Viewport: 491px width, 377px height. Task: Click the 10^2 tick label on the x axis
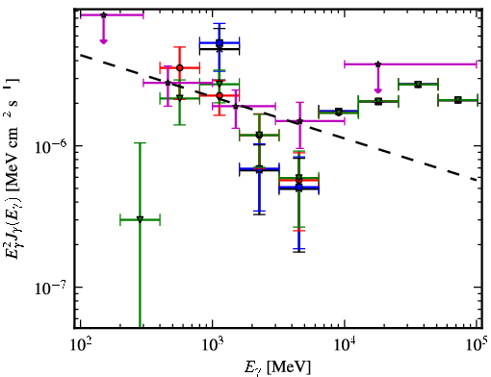(x=80, y=345)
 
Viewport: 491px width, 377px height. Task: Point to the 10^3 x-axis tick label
(x=213, y=345)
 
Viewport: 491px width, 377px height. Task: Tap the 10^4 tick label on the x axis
(x=345, y=345)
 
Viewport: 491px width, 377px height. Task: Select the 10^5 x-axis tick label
(x=477, y=345)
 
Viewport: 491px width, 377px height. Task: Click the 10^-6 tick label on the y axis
(x=51, y=146)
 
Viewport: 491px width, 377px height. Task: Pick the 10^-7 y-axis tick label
(x=51, y=288)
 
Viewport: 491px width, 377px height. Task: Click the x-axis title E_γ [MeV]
(x=277, y=366)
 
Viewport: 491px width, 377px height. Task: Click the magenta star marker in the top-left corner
(x=103, y=15)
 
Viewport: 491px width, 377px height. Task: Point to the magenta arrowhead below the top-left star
(x=103, y=41)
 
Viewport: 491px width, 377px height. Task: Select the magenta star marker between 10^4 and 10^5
(x=378, y=64)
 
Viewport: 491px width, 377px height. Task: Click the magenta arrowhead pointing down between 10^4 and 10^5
(x=378, y=90)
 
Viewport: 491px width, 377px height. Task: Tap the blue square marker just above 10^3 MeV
(x=220, y=42)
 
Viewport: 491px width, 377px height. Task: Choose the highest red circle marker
(x=180, y=67)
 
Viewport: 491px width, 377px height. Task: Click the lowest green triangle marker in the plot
(x=140, y=219)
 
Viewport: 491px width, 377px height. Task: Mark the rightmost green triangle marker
(x=458, y=100)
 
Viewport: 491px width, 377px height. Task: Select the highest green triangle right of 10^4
(x=418, y=85)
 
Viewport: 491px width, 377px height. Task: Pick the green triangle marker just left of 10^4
(x=338, y=112)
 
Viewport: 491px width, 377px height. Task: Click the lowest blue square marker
(x=299, y=187)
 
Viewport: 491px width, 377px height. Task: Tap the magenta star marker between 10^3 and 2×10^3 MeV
(x=236, y=106)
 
